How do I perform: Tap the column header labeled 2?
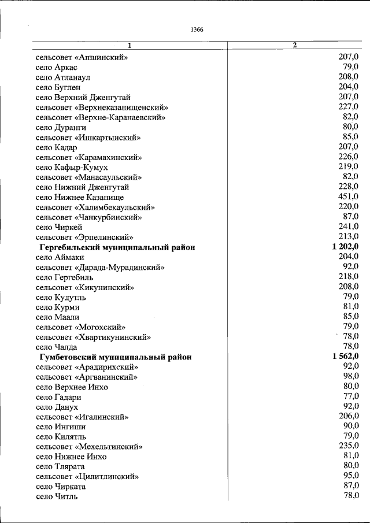point(295,45)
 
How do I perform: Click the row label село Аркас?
point(60,67)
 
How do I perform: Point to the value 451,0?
point(348,197)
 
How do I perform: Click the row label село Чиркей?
point(59,227)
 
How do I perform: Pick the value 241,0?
point(348,227)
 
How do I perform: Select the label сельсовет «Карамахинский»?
point(88,157)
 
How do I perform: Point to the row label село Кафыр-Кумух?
point(72,167)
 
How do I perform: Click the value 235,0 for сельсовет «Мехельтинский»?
point(348,446)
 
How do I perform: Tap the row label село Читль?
point(56,496)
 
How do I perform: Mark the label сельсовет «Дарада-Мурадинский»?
point(100,267)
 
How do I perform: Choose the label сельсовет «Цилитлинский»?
point(87,477)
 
